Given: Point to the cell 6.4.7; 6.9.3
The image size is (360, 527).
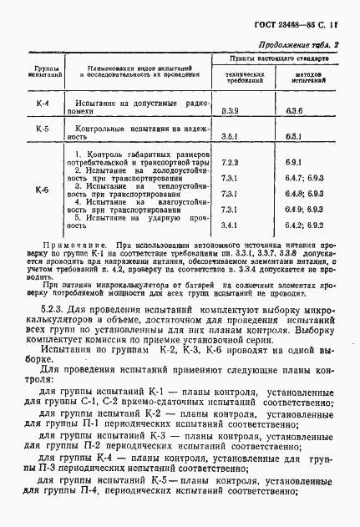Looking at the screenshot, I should pos(304,176).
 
